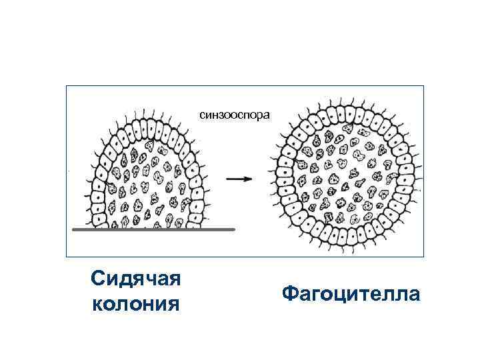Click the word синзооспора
click(235, 115)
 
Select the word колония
click(137, 304)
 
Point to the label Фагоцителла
click(351, 293)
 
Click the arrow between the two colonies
click(238, 179)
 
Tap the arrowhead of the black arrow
click(248, 179)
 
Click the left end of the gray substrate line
click(72, 229)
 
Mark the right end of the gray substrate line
click(235, 229)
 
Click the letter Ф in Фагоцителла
click(289, 293)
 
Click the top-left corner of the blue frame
click(66, 86)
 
